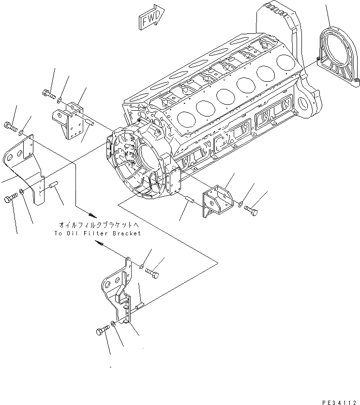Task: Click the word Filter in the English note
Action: pyautogui.click(x=96, y=233)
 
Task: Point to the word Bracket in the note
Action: pyautogui.click(x=126, y=233)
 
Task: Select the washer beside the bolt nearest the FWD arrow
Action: pyautogui.click(x=59, y=101)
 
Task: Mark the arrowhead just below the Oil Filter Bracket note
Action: pyautogui.click(x=101, y=246)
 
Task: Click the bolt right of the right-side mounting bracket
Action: pyautogui.click(x=251, y=210)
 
